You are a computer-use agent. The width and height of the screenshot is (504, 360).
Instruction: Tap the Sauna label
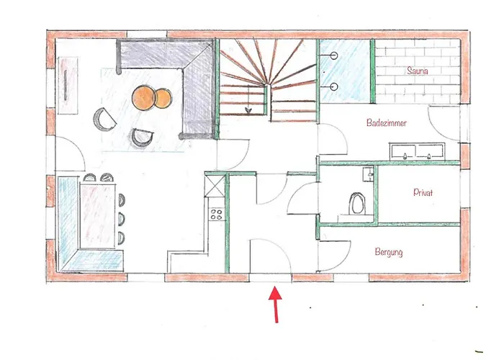[418, 71]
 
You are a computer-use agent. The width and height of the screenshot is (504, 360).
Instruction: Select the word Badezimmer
[387, 124]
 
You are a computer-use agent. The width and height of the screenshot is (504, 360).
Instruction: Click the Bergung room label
[389, 253]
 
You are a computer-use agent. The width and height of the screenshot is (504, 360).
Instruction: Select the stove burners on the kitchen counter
[215, 213]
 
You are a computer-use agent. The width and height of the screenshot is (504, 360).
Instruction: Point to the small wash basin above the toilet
[367, 173]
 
